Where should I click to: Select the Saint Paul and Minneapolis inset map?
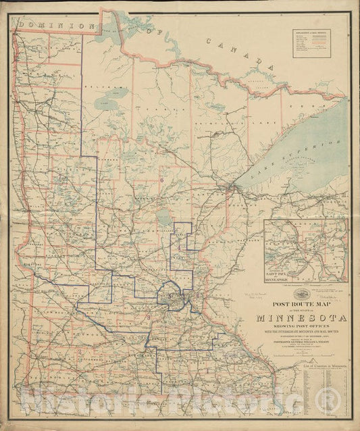pos(306,250)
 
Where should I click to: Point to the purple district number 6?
pos(162,180)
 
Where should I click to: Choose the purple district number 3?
pos(148,317)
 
